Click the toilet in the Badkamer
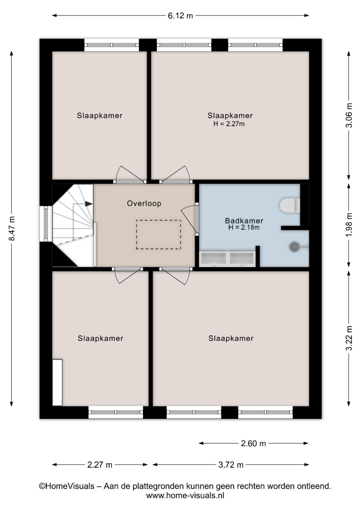click(290, 205)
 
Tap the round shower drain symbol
click(295, 246)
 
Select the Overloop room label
click(144, 203)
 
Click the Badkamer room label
click(244, 220)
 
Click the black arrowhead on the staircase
click(89, 204)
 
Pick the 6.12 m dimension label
click(180, 16)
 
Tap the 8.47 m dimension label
click(12, 228)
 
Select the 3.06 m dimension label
click(349, 115)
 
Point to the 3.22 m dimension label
click(349, 338)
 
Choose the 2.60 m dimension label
click(253, 443)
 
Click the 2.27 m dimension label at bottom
click(100, 465)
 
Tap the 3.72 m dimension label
click(231, 465)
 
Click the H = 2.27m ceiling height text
click(229, 124)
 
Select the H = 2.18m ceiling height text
click(244, 227)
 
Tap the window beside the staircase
click(46, 224)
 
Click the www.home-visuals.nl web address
click(185, 495)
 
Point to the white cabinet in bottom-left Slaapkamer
click(57, 383)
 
